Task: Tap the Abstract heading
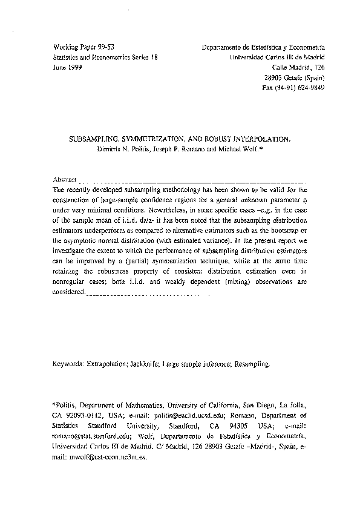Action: (65, 180)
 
